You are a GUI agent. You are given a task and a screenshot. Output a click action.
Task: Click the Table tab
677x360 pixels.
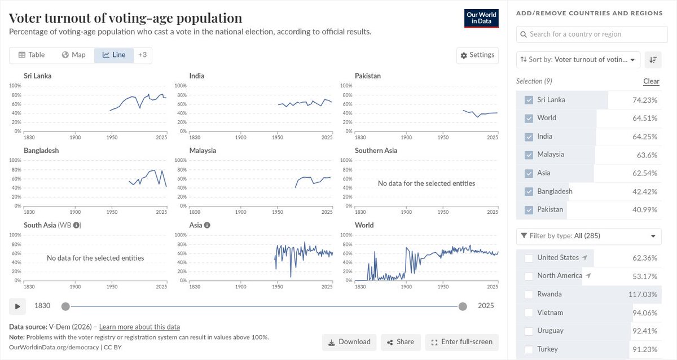pyautogui.click(x=32, y=55)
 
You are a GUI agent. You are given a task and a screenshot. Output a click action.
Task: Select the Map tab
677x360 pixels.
pyautogui.click(x=74, y=55)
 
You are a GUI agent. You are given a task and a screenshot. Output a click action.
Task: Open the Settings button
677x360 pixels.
pyautogui.click(x=477, y=55)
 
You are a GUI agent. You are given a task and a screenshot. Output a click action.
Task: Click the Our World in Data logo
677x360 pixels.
pyautogui.click(x=481, y=19)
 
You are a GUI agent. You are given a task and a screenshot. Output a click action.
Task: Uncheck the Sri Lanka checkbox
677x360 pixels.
pyautogui.click(x=529, y=100)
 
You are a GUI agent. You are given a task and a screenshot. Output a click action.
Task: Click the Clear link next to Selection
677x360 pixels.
pyautogui.click(x=651, y=81)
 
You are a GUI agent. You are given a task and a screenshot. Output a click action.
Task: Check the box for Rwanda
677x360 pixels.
pyautogui.click(x=529, y=295)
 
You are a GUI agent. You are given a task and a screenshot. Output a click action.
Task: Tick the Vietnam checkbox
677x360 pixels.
pyautogui.click(x=529, y=313)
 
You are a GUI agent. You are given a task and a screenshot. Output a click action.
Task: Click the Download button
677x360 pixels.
pyautogui.click(x=349, y=342)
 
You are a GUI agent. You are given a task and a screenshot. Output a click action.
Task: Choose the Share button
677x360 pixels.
pyautogui.click(x=400, y=342)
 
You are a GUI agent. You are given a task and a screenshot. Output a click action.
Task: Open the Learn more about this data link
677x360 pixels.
pyautogui.click(x=139, y=327)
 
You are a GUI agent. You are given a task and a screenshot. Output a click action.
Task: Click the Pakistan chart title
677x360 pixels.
pyautogui.click(x=368, y=76)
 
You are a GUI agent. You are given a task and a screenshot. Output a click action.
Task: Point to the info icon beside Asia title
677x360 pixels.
pyautogui.click(x=207, y=225)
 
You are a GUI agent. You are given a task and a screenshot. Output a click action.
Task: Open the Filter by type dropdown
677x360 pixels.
pyautogui.click(x=589, y=236)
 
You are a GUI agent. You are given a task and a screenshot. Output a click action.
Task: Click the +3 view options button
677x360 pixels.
pyautogui.click(x=142, y=55)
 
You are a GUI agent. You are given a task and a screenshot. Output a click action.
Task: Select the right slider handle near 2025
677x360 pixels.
pyautogui.click(x=463, y=306)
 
